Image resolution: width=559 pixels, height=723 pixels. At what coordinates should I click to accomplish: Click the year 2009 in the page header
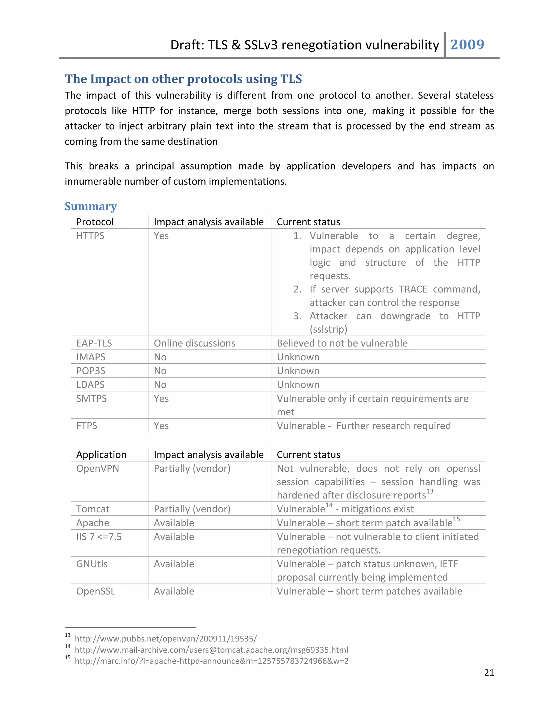click(467, 45)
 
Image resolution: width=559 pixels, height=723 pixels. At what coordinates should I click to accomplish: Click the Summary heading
click(91, 206)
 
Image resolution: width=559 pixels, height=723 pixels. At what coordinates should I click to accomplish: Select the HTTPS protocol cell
click(90, 236)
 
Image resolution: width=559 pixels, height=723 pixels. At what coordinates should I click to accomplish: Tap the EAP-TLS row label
click(94, 343)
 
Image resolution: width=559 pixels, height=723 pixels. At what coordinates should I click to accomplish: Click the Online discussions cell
click(194, 343)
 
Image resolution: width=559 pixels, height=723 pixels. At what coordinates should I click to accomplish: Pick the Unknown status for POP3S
click(298, 371)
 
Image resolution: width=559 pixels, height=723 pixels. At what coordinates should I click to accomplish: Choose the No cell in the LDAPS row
click(160, 385)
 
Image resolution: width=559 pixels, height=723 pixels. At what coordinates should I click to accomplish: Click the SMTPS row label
click(91, 399)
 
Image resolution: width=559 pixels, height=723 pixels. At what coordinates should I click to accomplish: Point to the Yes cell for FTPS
click(161, 426)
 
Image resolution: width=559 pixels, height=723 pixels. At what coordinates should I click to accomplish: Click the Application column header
click(101, 455)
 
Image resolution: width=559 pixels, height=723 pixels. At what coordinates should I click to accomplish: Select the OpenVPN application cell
click(97, 468)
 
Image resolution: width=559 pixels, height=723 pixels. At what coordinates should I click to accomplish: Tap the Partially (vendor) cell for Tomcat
click(192, 509)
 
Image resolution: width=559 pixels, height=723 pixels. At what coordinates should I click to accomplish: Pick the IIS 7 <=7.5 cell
click(99, 537)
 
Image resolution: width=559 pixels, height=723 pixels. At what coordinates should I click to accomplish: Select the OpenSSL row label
click(96, 591)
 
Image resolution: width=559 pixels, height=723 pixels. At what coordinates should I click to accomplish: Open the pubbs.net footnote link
click(166, 639)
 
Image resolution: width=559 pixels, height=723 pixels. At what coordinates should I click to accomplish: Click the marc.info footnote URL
click(212, 661)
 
